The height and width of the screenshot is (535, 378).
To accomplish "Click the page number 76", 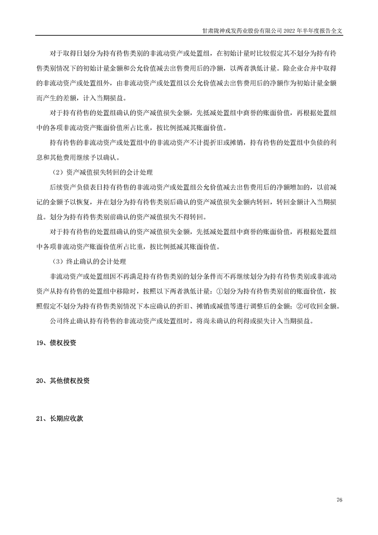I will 339,500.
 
